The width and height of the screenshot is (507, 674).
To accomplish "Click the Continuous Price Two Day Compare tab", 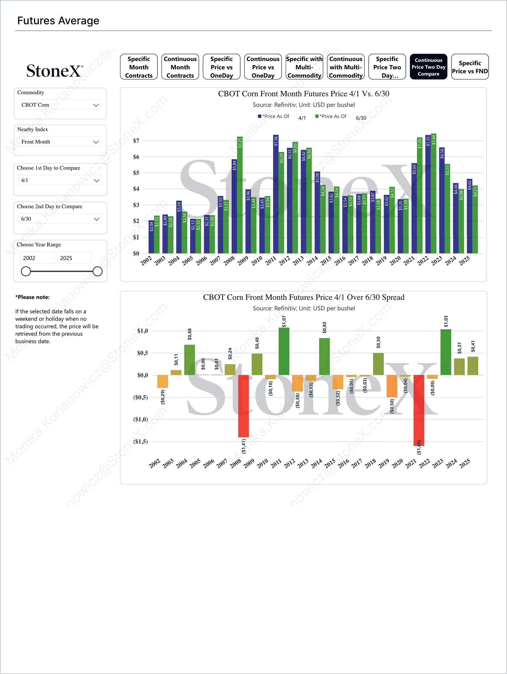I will pyautogui.click(x=428, y=67).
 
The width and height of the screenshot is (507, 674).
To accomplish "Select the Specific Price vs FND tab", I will pyautogui.click(x=470, y=67).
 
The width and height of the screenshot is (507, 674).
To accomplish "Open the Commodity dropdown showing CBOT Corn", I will pyautogui.click(x=60, y=105).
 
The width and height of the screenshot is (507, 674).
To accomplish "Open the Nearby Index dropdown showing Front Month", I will pyautogui.click(x=60, y=142).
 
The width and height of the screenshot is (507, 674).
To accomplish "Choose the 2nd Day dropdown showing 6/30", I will pyautogui.click(x=60, y=219).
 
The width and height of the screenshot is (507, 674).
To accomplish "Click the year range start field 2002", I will pyautogui.click(x=37, y=258).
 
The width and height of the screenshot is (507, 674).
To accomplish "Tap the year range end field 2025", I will pyautogui.click(x=74, y=258).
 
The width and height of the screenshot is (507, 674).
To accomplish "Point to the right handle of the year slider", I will pyautogui.click(x=97, y=271).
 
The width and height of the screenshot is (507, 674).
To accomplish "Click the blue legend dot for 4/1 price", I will pyautogui.click(x=260, y=116).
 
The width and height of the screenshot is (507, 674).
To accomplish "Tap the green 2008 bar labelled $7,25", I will pyautogui.click(x=240, y=195).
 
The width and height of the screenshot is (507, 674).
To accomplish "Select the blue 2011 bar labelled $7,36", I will pyautogui.click(x=276, y=194).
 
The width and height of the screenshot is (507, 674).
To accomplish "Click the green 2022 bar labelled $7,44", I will pyautogui.click(x=434, y=193).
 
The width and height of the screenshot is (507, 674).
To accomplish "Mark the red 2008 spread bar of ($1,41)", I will pyautogui.click(x=243, y=406).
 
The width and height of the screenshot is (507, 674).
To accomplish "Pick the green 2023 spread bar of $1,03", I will pyautogui.click(x=446, y=352).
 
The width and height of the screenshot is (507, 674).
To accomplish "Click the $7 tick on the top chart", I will pyautogui.click(x=136, y=141).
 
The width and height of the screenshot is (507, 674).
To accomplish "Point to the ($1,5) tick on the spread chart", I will pyautogui.click(x=140, y=442).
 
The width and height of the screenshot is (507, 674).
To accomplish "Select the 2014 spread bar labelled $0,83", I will pyautogui.click(x=324, y=357).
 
